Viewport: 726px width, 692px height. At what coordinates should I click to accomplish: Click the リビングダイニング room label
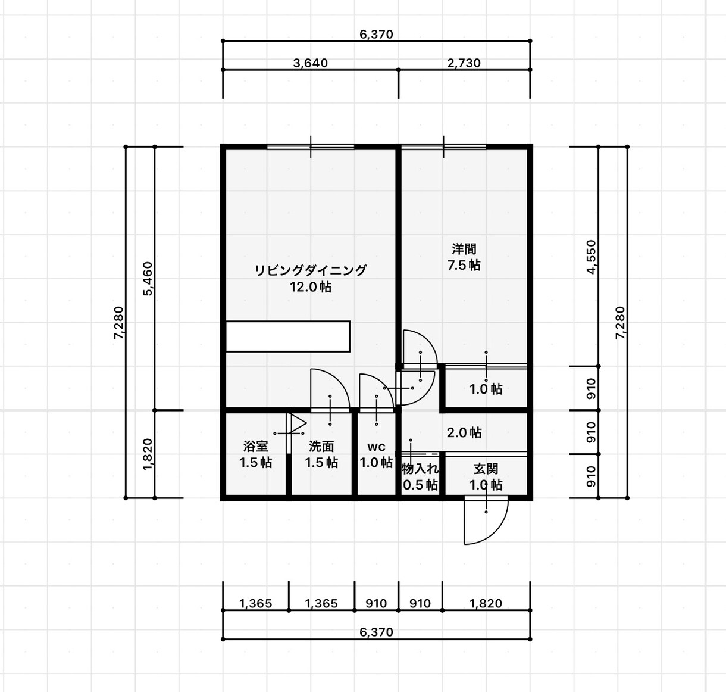[x=311, y=270]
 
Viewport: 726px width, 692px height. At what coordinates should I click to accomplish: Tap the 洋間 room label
[x=464, y=249]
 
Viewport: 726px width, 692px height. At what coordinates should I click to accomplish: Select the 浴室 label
[x=255, y=446]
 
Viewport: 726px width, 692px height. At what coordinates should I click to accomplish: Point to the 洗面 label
[x=321, y=446]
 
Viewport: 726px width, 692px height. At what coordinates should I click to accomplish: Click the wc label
[x=376, y=447]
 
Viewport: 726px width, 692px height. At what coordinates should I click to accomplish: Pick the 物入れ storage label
[x=420, y=469]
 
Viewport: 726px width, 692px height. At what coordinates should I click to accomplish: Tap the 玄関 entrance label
[x=486, y=469]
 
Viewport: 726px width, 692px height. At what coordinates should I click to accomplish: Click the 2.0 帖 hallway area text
[x=464, y=432]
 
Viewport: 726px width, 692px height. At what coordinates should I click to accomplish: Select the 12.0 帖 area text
[x=311, y=287]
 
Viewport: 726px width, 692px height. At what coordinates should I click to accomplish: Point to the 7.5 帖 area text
[x=464, y=265]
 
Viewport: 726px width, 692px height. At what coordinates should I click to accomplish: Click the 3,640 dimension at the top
[x=311, y=63]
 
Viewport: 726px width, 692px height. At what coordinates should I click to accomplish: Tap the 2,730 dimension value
[x=464, y=63]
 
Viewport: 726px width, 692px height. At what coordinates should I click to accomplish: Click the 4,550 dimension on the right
[x=591, y=257]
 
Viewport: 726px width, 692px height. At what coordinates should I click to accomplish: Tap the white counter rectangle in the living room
[x=288, y=336]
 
